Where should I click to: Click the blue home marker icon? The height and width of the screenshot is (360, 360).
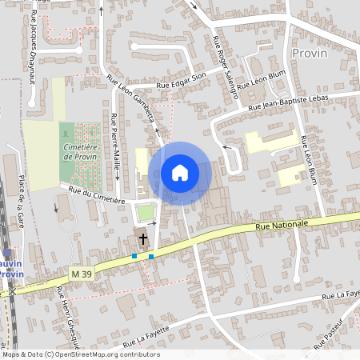180,173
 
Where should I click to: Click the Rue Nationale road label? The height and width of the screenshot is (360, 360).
282,226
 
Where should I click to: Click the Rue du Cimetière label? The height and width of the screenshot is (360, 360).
97,195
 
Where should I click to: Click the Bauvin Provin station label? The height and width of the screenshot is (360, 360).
10,267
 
